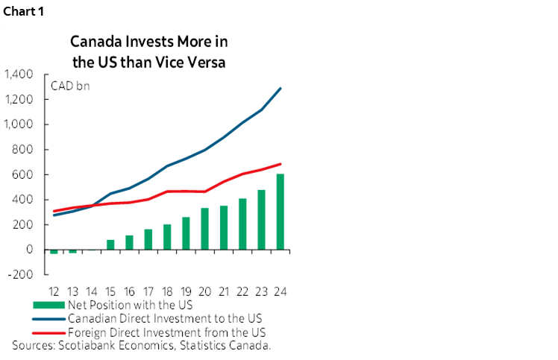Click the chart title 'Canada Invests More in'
(x=148, y=42)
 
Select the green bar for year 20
(x=204, y=229)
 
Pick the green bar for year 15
(x=110, y=244)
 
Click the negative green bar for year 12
(x=54, y=252)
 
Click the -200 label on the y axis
(x=20, y=274)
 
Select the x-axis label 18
(x=166, y=291)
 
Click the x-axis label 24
(x=280, y=291)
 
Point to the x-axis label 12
(x=54, y=291)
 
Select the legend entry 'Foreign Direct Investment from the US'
(x=166, y=332)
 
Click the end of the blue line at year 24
(x=280, y=89)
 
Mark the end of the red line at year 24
(x=280, y=164)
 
